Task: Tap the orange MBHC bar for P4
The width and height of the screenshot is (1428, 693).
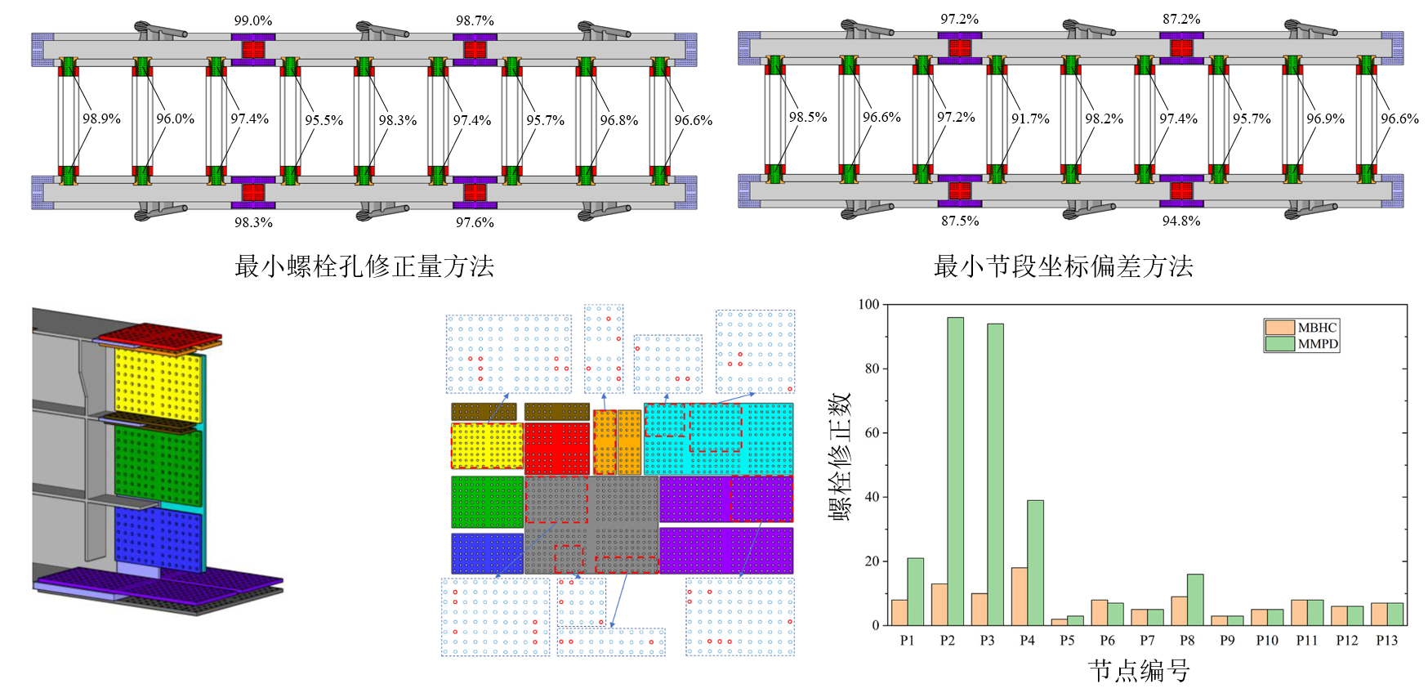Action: (1019, 597)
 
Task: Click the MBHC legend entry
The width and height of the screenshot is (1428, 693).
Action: (1302, 328)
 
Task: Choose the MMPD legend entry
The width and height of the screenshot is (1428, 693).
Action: (1302, 344)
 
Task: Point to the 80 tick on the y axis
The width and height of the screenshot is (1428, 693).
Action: (872, 369)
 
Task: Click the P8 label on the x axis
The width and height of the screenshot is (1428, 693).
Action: (1187, 641)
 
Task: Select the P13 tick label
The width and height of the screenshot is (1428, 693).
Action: (1386, 641)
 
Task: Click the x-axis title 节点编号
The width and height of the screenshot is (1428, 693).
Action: (1139, 671)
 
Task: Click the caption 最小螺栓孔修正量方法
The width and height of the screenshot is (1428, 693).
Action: (364, 266)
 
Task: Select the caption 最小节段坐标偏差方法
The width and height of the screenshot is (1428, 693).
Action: (1063, 266)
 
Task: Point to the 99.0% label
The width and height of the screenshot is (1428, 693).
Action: (253, 20)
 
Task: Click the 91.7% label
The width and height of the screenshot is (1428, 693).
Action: (1030, 119)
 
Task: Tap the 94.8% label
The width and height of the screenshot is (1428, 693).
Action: (1181, 221)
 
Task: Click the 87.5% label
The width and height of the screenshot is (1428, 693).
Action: (960, 221)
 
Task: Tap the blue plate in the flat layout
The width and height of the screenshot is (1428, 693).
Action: (487, 553)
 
